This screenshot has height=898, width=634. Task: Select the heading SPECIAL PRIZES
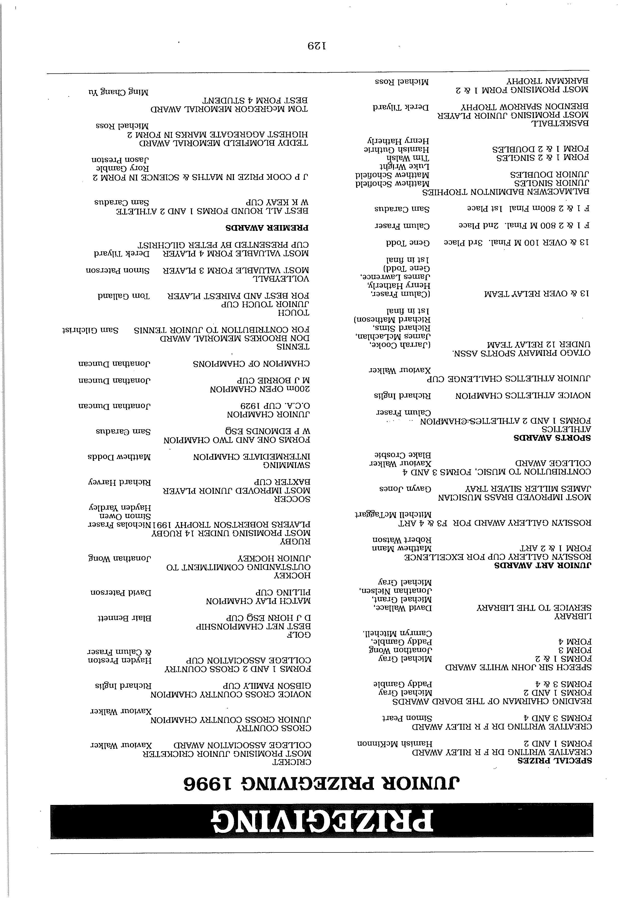click(554, 761)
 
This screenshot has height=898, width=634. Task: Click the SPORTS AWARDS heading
click(552, 438)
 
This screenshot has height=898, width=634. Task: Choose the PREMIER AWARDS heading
click(267, 228)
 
